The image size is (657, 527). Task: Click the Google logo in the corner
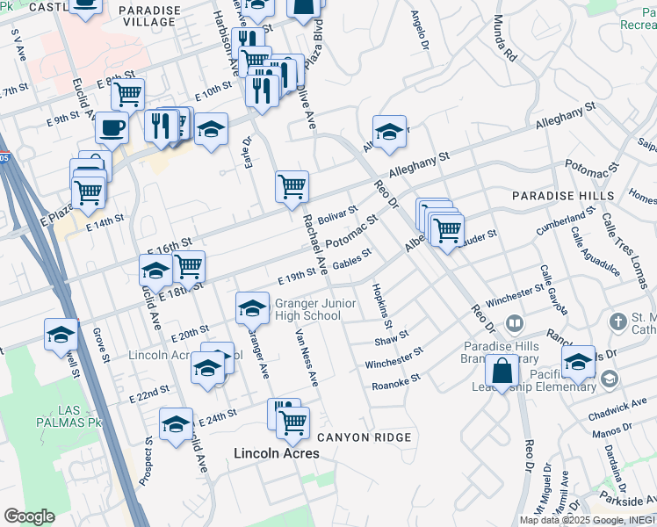point(29,516)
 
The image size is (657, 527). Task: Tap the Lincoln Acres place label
point(276,453)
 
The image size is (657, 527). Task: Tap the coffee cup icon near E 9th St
point(112,127)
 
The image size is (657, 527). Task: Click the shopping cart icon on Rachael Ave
point(292,186)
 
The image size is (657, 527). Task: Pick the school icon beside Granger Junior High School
point(252,307)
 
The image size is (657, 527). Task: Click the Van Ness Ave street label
point(306,357)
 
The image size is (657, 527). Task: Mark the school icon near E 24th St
point(177,424)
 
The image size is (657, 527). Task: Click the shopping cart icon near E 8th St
point(128,93)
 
